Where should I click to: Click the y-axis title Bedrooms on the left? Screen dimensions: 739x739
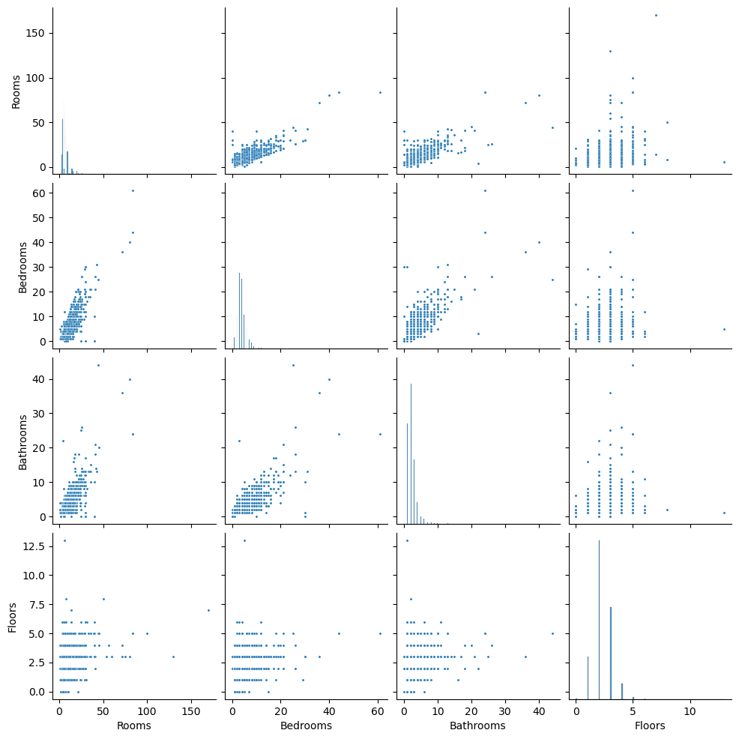pyautogui.click(x=22, y=267)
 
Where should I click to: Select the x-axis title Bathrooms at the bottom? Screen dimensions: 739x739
pyautogui.click(x=477, y=726)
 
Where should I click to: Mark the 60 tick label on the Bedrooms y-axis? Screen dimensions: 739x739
pyautogui.click(x=43, y=193)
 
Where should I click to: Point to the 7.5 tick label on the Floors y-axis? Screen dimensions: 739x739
pyautogui.click(x=40, y=604)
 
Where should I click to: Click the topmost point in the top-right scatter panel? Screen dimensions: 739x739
pyautogui.click(x=656, y=15)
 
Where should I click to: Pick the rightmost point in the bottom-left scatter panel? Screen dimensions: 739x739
pyautogui.click(x=208, y=610)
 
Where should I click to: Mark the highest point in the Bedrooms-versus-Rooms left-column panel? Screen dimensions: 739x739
pyautogui.click(x=133, y=190)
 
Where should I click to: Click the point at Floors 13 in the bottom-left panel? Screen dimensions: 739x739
pyautogui.click(x=64, y=540)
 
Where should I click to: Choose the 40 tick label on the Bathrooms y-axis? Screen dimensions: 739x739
pyautogui.click(x=43, y=379)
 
